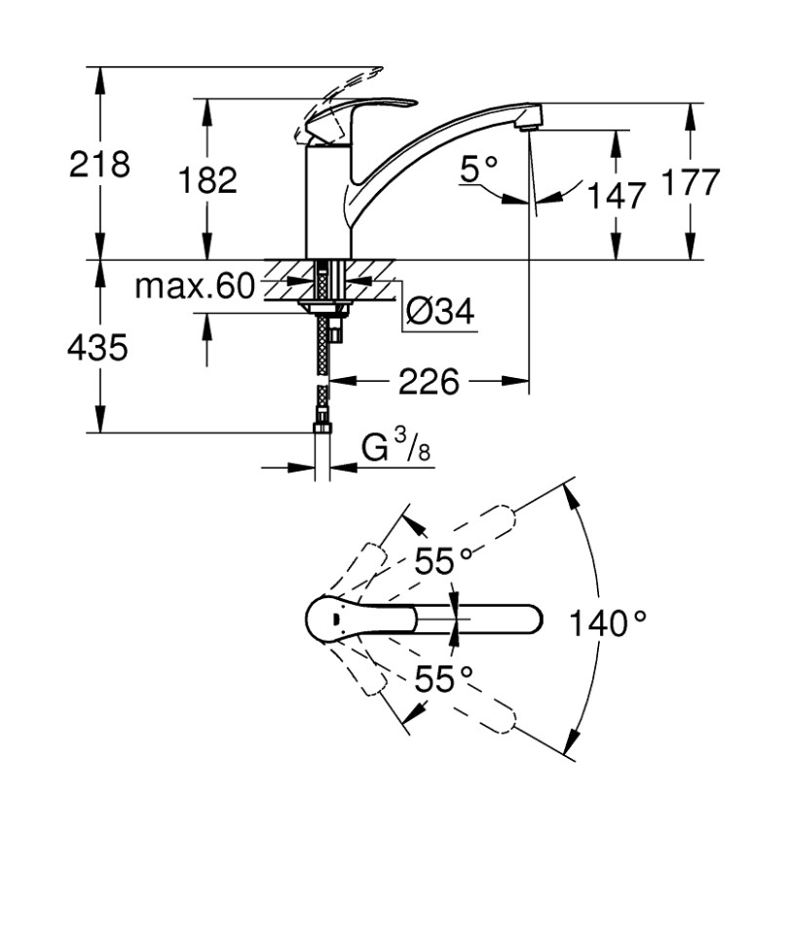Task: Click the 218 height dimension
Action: (x=98, y=164)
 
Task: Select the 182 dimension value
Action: (x=207, y=179)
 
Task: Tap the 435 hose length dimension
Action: (x=97, y=347)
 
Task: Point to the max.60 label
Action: (x=193, y=286)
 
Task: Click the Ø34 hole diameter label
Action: (x=439, y=313)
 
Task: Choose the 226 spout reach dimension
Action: (x=429, y=382)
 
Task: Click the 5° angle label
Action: (x=478, y=171)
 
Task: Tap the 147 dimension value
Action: (x=616, y=196)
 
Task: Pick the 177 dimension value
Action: (x=690, y=182)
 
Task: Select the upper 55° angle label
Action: (x=444, y=561)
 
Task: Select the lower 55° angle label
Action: (x=444, y=679)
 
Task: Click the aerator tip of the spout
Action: (x=529, y=122)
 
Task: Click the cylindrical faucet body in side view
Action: (x=326, y=205)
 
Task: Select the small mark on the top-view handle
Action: (x=335, y=617)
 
